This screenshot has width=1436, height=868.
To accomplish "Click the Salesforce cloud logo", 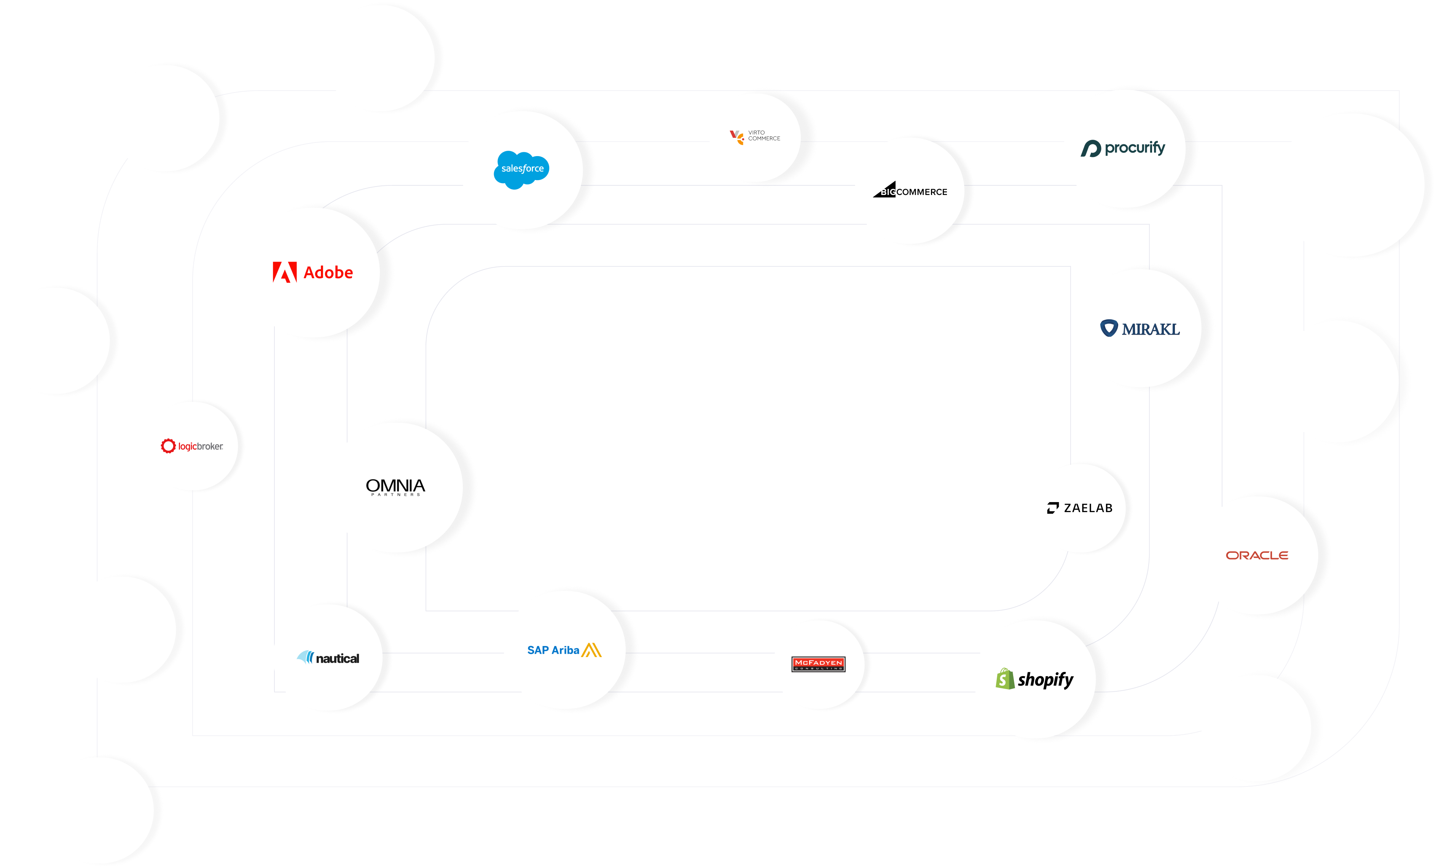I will point(521,169).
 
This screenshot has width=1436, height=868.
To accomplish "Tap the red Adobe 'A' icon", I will point(284,272).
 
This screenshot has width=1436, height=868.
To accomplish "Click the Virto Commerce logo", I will point(755,136).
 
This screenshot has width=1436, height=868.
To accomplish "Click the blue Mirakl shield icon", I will point(1108,328).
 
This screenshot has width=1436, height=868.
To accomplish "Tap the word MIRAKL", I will point(1151,329).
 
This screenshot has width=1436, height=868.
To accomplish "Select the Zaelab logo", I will point(1080,508).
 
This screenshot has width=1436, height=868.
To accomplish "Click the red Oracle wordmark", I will point(1256,555).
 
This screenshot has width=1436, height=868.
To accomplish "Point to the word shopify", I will point(1046,680).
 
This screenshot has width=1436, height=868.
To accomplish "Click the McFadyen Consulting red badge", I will point(818,664).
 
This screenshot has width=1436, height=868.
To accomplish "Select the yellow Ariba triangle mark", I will point(591,650).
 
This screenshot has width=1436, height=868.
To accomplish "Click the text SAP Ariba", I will point(553,650).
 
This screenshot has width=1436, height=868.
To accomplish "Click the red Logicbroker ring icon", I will point(168,446).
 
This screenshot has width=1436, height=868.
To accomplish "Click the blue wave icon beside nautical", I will point(305,657).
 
